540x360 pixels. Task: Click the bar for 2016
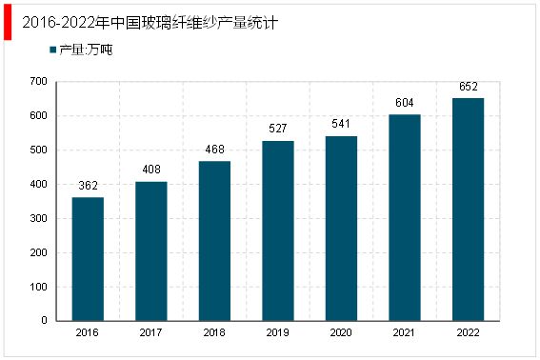pos(88,259)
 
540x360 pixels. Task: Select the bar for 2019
pos(277,230)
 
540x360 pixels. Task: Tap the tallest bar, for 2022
pos(467,210)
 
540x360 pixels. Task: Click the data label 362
pos(88,187)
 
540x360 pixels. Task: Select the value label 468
pos(214,150)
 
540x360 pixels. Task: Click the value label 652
pos(467,87)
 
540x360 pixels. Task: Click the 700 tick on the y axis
pos(39,82)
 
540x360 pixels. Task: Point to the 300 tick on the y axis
pos(39,219)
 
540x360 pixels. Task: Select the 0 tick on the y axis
pos(45,321)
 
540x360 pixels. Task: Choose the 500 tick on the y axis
pos(39,150)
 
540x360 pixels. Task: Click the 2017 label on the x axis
pos(151,333)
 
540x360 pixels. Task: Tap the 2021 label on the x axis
pos(404,333)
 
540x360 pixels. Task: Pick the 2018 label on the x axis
pos(214,333)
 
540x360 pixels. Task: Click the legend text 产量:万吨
pos(86,49)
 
